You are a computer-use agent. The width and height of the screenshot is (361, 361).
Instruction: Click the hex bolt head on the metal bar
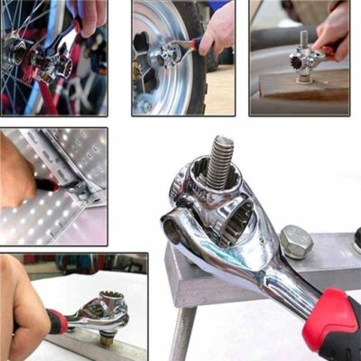[296, 241]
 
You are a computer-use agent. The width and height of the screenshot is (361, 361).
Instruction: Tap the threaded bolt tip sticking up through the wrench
[219, 161]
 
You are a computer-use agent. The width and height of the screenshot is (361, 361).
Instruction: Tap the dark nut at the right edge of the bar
[356, 242]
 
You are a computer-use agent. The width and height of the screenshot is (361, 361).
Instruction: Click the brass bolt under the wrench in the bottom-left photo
[106, 338]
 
